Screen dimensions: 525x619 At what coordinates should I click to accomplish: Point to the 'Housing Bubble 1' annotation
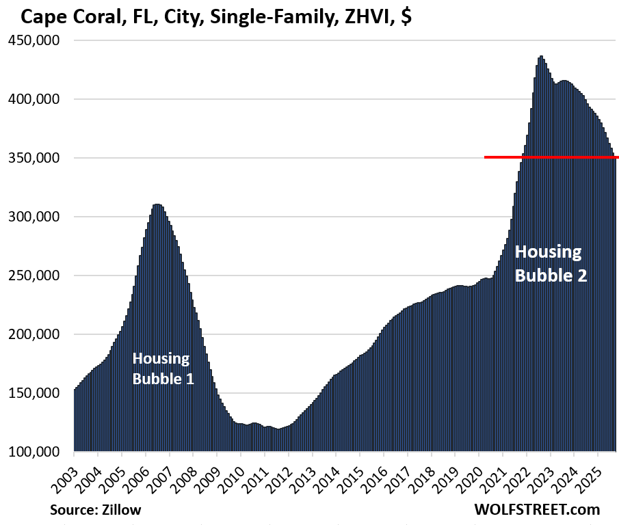coord(163,368)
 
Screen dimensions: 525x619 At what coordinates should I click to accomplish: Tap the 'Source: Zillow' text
coord(95,510)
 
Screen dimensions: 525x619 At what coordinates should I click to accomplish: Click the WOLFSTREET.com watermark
coord(537,509)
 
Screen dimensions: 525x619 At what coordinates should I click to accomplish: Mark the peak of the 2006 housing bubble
coord(157,204)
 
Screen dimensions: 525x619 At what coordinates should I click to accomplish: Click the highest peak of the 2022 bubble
coord(541,57)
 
